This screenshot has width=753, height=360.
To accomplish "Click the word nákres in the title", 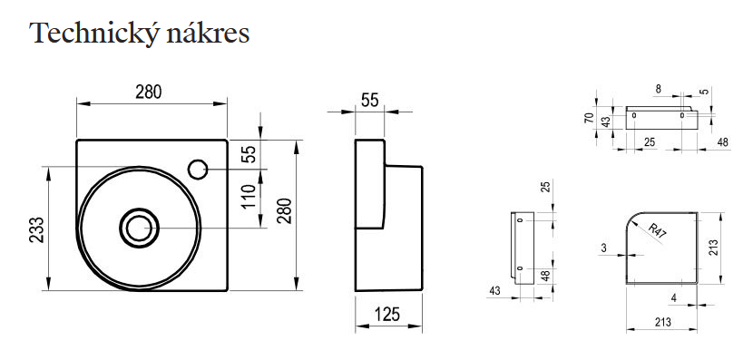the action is [208, 33].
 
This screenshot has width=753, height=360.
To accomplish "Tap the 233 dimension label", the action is [37, 230].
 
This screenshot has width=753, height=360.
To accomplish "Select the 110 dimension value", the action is [249, 196].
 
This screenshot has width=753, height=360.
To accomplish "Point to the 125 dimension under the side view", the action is [387, 315].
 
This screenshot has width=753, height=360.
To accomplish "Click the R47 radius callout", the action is [657, 231].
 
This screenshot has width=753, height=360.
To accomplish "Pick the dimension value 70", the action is [589, 118].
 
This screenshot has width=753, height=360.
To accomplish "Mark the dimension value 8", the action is [659, 89].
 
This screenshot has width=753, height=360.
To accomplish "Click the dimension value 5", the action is [705, 92].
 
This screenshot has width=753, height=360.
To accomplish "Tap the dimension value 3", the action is [604, 248].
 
